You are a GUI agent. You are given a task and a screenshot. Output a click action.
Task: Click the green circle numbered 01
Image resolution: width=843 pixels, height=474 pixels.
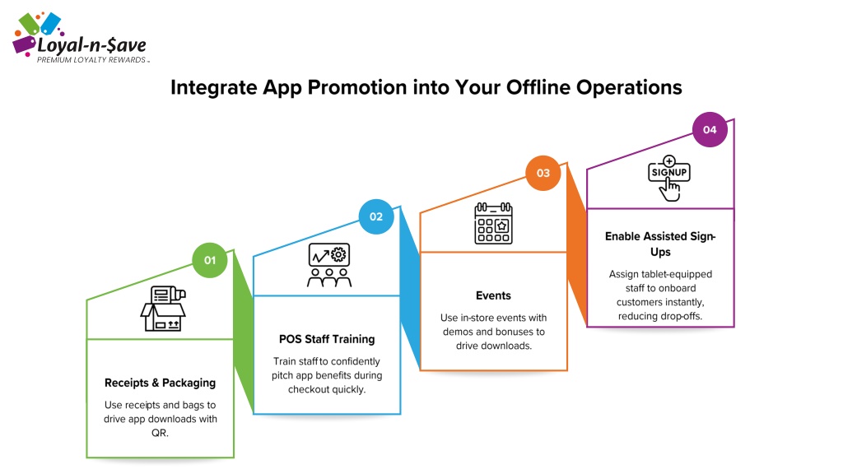210,260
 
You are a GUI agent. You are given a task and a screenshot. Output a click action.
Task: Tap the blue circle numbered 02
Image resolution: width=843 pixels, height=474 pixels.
376,216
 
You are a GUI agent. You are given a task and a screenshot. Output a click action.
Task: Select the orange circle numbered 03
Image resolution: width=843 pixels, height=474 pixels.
543,173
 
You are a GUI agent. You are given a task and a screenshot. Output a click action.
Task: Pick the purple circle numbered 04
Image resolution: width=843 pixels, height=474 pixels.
710,129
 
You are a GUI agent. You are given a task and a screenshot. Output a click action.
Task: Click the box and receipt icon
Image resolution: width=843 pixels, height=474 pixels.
164,309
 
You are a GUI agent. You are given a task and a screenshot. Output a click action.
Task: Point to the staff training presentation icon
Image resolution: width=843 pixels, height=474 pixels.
329,266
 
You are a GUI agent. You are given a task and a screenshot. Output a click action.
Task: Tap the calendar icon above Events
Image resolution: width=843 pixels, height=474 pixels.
494,223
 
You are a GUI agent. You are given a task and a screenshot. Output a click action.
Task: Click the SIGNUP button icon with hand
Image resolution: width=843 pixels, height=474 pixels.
668,179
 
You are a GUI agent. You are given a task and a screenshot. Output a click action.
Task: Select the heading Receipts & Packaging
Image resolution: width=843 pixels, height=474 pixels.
161,383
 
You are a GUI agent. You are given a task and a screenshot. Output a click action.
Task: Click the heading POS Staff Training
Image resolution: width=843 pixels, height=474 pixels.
327,339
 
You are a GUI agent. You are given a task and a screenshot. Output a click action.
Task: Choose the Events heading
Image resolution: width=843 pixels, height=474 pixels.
494,295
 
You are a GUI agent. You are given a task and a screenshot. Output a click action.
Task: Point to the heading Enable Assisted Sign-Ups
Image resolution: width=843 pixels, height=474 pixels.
660,244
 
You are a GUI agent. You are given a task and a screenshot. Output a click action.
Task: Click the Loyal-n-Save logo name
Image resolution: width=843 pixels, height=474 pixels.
91,46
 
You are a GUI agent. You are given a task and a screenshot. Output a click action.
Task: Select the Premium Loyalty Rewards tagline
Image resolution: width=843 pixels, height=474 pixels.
91,60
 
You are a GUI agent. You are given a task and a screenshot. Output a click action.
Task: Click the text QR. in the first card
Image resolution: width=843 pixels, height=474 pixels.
160,433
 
